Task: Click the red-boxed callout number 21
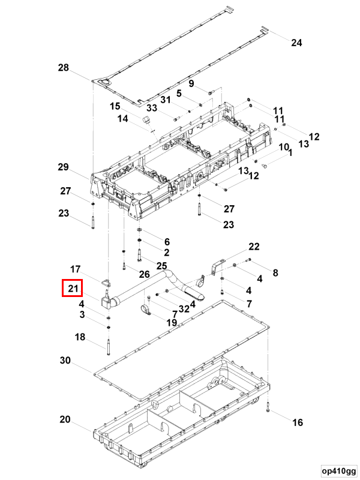(x=73, y=289)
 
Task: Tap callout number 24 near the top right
(x=296, y=43)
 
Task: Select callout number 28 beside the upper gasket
(x=64, y=67)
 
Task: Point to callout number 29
(x=64, y=167)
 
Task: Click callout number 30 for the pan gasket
(x=65, y=361)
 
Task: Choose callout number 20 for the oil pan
(x=65, y=419)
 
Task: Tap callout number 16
(x=297, y=422)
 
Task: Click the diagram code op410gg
(x=339, y=471)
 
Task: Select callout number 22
(x=254, y=247)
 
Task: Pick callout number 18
(x=80, y=337)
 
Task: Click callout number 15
(x=115, y=106)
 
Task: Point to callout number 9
(x=191, y=83)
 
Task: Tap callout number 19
(x=172, y=322)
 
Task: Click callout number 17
(x=76, y=269)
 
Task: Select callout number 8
(x=275, y=273)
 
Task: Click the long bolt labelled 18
(x=109, y=346)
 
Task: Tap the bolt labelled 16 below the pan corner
(x=268, y=407)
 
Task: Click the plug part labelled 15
(x=146, y=119)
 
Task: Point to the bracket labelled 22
(x=218, y=266)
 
